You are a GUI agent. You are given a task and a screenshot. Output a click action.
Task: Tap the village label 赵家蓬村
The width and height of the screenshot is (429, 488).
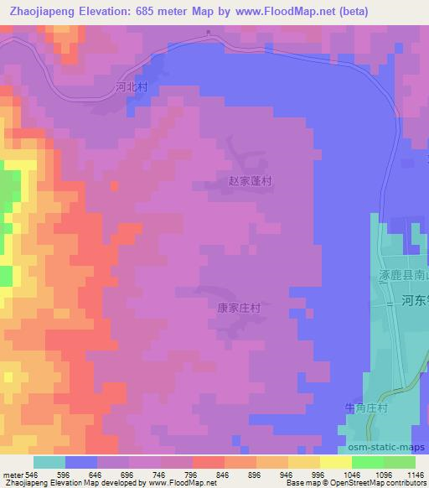tap(251, 180)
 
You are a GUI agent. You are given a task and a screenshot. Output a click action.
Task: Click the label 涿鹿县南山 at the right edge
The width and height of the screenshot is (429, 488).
tap(401, 275)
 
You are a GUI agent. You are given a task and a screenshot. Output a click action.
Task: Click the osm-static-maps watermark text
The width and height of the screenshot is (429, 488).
tap(389, 449)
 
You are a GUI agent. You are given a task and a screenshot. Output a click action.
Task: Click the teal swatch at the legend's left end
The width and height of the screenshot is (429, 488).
tap(49, 462)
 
